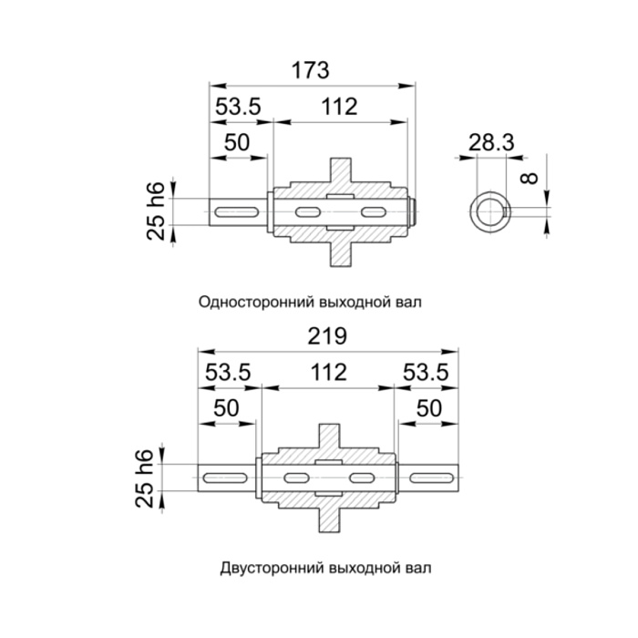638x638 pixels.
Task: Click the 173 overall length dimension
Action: pyautogui.click(x=311, y=70)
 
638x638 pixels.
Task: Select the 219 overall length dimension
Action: pyautogui.click(x=327, y=336)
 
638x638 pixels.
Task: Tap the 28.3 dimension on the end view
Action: pyautogui.click(x=491, y=142)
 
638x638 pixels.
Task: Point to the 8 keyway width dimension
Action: pyautogui.click(x=530, y=179)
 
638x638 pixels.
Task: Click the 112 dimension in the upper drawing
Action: pyautogui.click(x=339, y=107)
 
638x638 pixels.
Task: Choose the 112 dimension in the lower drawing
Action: pyautogui.click(x=329, y=372)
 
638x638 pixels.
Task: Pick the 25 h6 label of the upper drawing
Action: pyautogui.click(x=156, y=211)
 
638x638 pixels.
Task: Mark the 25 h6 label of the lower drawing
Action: pyautogui.click(x=144, y=478)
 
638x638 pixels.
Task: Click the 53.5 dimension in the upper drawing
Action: pyautogui.click(x=238, y=107)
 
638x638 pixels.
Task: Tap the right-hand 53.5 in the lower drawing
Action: pyautogui.click(x=426, y=372)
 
